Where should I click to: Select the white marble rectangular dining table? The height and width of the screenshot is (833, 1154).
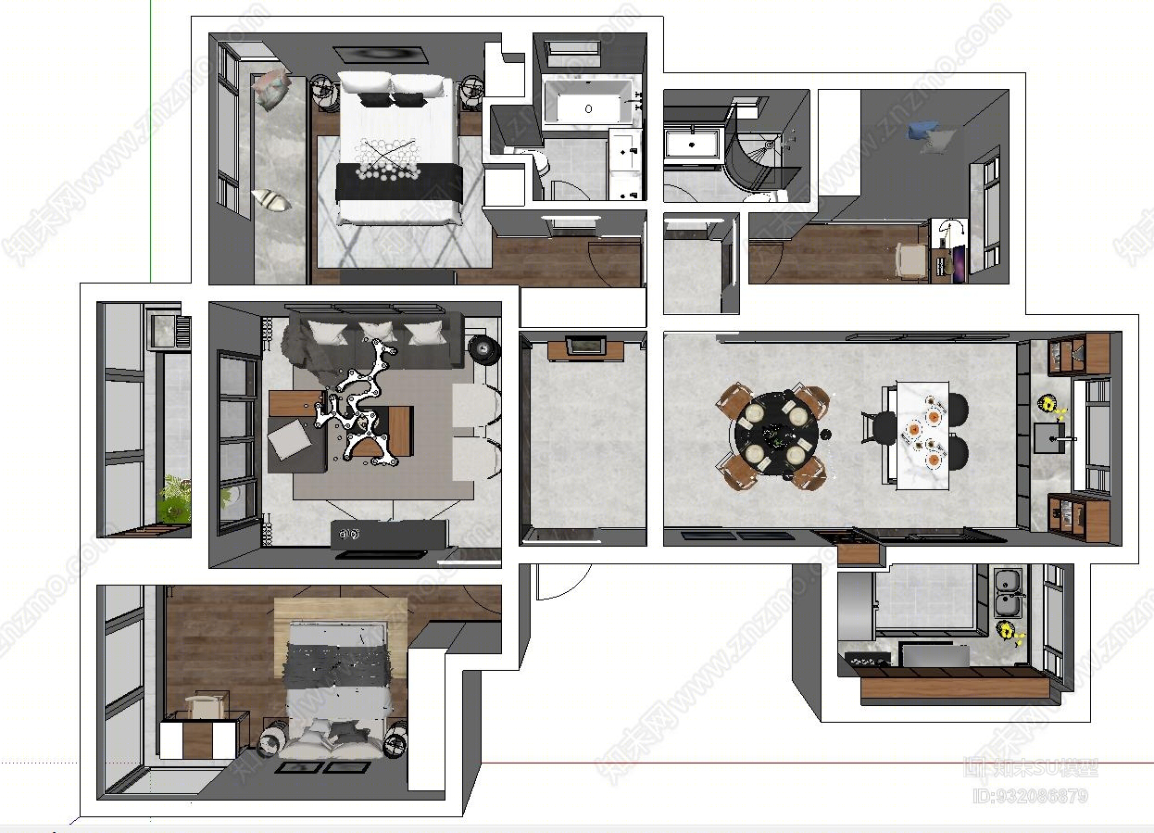(x=922, y=433)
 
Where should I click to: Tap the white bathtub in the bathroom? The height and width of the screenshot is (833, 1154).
(x=589, y=103)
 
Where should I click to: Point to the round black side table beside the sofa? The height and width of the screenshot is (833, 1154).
(x=483, y=349)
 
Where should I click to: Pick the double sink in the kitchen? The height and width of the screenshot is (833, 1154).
(x=1006, y=592)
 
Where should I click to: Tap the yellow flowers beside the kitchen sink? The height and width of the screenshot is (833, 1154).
(x=1008, y=633)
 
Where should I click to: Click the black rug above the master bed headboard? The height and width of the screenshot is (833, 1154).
(x=382, y=57)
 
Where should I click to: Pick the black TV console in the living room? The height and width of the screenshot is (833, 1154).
(x=389, y=533)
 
